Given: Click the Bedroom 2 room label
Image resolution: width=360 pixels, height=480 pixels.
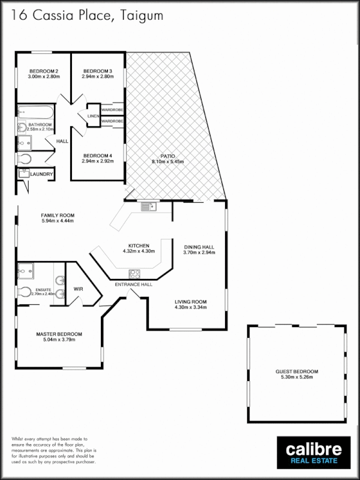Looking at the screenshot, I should click(x=43, y=71).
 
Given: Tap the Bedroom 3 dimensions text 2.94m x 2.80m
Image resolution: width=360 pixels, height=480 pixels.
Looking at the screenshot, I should click(x=98, y=77).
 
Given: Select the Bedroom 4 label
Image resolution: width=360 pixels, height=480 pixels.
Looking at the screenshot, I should click(x=98, y=155).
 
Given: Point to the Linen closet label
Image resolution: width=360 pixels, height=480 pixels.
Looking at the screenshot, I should click(x=93, y=116).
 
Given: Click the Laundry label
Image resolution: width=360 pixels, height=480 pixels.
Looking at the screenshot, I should click(x=42, y=175).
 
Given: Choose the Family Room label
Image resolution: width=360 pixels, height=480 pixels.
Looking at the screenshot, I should click(x=58, y=215).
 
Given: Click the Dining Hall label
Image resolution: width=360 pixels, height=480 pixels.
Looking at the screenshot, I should click(x=199, y=247).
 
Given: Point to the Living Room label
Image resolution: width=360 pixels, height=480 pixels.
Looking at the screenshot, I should click(x=191, y=302).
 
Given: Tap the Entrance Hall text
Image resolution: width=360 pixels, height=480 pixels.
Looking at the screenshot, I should click(x=133, y=284).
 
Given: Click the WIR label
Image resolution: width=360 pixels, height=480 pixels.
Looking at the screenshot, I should click(x=78, y=289).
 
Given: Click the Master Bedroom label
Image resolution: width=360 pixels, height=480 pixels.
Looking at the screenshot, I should click(x=59, y=334).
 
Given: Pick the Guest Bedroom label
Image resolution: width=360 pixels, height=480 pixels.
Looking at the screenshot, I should click(x=297, y=371).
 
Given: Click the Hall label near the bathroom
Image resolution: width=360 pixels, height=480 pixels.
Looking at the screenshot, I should click(x=62, y=142).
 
